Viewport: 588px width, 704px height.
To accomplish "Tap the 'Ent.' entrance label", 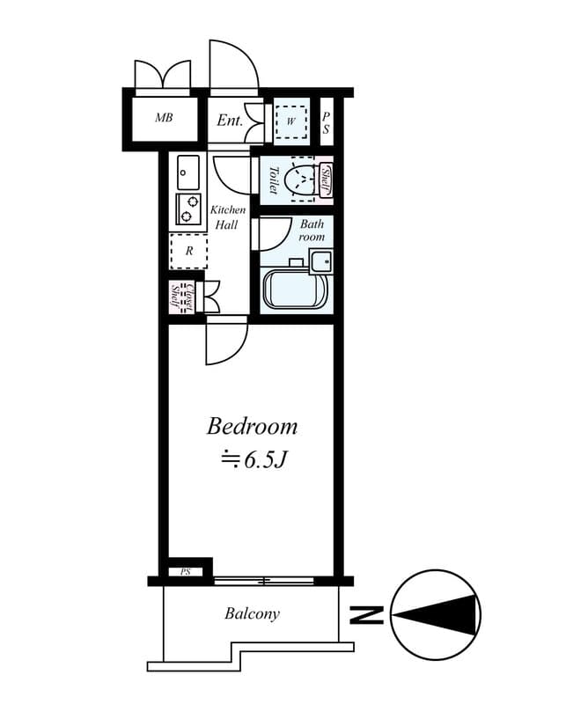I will [229, 121].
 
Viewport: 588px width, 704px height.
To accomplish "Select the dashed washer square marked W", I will [290, 121].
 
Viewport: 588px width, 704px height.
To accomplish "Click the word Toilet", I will [273, 180].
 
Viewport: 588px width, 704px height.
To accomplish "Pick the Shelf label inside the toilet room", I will [326, 180].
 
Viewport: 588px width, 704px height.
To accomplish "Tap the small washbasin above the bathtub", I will [320, 260].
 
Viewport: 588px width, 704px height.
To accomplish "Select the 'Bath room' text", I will [312, 231].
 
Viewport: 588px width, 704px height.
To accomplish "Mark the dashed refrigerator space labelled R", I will [188, 251].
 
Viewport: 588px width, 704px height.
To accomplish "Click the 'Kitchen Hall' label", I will [227, 217].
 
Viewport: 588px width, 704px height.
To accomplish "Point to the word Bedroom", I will [252, 427].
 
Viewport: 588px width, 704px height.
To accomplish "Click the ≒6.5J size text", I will [253, 458].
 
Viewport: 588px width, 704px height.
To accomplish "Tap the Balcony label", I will [252, 613].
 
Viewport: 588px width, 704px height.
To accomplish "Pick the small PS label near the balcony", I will [186, 571].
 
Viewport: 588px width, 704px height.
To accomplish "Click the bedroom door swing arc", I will [231, 348].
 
